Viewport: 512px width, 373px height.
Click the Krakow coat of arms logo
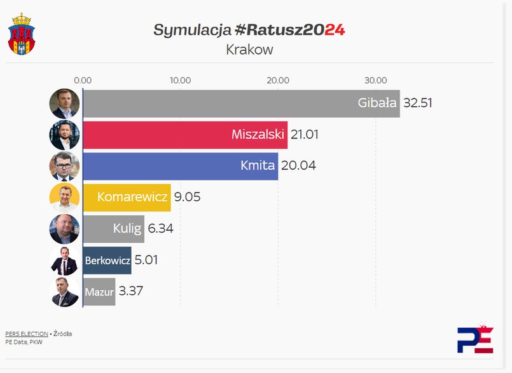[22, 33]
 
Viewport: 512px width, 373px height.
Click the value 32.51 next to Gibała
[418, 103]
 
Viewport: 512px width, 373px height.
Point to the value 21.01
[305, 135]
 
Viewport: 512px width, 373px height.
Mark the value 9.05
[187, 197]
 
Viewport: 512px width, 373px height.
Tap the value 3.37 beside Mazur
[130, 292]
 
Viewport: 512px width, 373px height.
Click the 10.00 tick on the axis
[181, 80]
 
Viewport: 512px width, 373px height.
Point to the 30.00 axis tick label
[376, 80]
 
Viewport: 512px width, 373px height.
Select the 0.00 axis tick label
[83, 80]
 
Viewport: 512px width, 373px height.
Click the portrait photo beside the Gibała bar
[64, 103]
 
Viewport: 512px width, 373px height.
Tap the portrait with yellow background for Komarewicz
[64, 198]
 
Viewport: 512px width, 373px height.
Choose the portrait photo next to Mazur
[64, 292]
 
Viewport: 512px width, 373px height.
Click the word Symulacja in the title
[191, 30]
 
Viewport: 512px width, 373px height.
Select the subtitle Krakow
[249, 49]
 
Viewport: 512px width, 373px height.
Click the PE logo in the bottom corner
[474, 339]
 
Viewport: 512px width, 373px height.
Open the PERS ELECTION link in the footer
[26, 334]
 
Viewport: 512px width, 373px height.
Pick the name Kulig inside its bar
[127, 229]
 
